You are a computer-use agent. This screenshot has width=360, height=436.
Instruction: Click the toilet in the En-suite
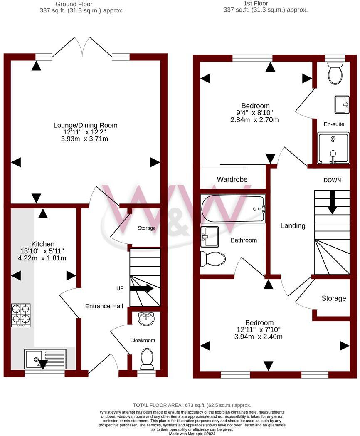335,74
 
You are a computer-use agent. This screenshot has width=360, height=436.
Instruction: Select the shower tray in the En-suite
333,148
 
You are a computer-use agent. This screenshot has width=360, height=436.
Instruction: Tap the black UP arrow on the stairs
141,288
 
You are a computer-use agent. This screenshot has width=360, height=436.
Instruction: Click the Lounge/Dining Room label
85,125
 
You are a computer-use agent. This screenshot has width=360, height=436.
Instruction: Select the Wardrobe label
232,180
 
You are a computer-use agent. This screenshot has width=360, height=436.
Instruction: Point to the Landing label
293,225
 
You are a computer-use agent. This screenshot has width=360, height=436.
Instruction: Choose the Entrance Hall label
104,306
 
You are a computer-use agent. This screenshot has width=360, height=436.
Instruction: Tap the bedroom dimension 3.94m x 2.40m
259,337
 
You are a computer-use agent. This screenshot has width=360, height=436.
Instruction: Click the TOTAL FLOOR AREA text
192,405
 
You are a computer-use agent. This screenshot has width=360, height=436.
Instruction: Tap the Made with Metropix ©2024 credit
192,433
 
